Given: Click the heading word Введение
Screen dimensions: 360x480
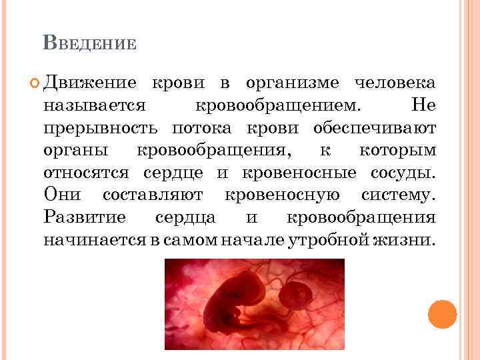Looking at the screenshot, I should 89,44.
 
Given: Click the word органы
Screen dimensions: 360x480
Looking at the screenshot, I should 77,150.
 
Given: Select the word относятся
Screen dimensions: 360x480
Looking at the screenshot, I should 89,173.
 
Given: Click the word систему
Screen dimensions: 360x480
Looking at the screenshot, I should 398,195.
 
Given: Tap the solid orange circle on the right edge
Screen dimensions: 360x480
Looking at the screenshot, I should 442,313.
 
